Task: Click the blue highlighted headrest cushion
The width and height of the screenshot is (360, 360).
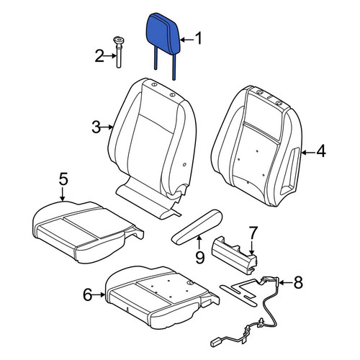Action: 163,34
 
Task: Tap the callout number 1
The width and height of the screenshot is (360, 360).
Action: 199,39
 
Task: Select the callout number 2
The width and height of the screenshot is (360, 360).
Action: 99,56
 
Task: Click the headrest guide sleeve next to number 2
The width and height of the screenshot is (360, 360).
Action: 117,52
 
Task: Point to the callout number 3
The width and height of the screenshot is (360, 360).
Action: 96,127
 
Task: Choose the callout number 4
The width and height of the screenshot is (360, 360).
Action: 321,151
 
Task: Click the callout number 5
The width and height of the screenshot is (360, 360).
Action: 63,179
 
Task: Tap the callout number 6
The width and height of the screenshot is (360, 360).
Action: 88,294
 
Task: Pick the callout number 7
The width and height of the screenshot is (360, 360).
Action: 253,233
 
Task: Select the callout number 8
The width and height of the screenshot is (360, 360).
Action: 298,282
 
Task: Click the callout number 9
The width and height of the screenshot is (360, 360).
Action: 199,258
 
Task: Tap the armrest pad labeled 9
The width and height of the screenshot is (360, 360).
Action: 197,227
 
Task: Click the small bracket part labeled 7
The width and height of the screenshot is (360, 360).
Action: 234,254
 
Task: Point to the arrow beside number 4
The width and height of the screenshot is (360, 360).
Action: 308,152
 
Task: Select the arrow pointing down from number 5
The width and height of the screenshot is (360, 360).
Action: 63,194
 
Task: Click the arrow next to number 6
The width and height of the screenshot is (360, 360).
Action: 99,294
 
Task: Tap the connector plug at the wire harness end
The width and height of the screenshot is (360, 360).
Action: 215,343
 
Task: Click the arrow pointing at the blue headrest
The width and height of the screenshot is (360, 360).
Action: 186,40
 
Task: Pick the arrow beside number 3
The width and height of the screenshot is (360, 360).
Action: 107,127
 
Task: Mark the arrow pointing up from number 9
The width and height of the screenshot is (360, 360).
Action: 199,243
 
